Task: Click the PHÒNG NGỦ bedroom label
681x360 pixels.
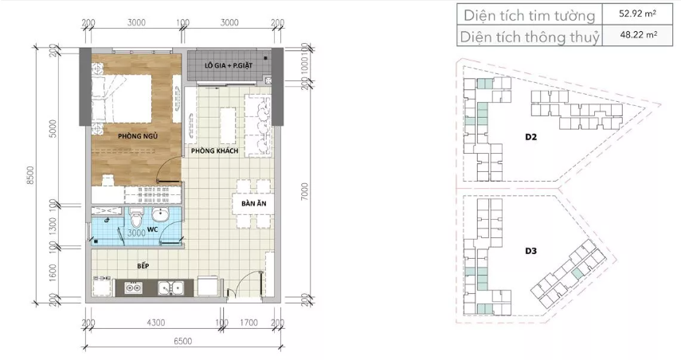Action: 138,136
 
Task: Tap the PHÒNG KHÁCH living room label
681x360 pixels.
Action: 214,151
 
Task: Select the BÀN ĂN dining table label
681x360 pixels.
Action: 254,203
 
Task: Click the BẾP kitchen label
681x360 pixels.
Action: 143,265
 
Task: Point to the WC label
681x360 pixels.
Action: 152,229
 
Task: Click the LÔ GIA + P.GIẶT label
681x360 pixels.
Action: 229,65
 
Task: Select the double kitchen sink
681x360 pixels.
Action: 170,288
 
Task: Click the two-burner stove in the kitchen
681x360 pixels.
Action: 133,288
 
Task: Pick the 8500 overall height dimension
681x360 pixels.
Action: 30,175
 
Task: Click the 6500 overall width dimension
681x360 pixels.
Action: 183,342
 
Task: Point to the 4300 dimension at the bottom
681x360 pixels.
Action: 156,323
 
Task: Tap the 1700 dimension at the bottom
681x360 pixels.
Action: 249,323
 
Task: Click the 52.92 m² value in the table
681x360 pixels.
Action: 637,14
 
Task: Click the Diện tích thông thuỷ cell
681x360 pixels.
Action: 530,36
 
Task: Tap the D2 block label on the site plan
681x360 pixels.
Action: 531,137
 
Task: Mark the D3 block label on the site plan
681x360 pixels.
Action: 531,251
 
